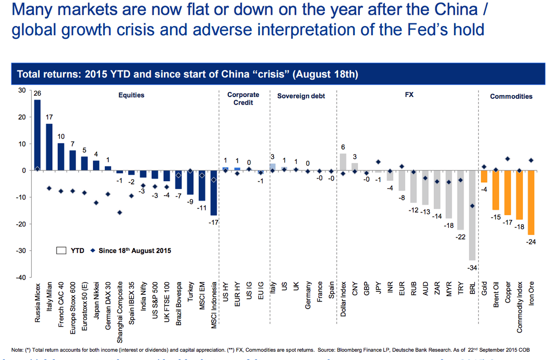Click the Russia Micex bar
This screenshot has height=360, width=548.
point(37,135)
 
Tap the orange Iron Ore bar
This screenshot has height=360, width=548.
point(531,202)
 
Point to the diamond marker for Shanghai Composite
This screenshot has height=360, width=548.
point(120,213)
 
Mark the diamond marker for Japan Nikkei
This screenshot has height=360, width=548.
point(96,203)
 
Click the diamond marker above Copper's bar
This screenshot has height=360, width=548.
point(508,159)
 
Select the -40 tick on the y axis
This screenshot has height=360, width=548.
point(20,277)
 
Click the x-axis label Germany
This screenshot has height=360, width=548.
point(308,296)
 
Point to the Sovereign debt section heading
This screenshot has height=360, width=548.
point(301,96)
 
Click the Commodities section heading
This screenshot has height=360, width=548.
point(511,97)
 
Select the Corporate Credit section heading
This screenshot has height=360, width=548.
point(243,99)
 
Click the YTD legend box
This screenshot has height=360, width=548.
point(61,250)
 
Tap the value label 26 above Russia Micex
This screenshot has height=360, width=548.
point(37,93)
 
